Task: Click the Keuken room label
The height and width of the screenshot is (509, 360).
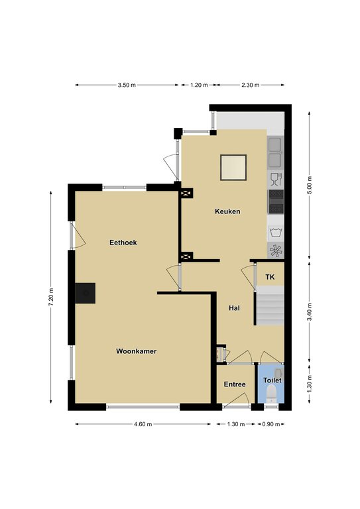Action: coord(227,211)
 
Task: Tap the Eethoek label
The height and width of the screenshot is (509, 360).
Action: coord(123,243)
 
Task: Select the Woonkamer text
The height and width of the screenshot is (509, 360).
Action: coord(137,351)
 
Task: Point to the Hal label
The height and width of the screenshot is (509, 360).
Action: coord(234,308)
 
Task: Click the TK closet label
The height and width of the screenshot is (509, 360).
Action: coord(270,277)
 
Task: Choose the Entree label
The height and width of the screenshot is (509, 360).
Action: coord(235,384)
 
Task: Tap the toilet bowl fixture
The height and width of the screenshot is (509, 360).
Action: coord(270,393)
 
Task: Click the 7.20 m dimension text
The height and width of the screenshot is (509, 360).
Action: coord(51,297)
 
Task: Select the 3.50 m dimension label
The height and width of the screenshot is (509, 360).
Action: coord(127,85)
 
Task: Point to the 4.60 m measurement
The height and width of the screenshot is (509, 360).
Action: coord(143,424)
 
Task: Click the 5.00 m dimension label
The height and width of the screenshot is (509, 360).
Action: coord(310,185)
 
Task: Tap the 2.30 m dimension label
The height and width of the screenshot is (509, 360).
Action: coord(251,85)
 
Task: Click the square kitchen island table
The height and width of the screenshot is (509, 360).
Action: coord(233,168)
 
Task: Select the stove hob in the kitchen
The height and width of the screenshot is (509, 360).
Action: coord(276,202)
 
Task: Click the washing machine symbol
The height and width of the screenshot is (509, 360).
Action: coord(276,233)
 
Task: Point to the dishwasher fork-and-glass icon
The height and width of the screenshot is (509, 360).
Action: coord(276,180)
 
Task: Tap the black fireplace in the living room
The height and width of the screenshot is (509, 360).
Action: coord(85,293)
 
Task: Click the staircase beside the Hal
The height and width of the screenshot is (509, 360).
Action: coord(270,306)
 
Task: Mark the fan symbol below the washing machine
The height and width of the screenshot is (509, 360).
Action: coord(276,251)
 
